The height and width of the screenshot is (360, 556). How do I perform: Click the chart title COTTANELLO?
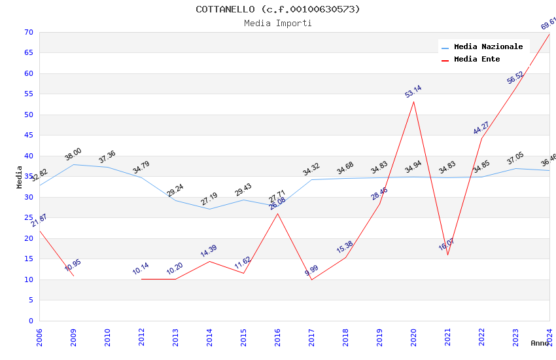278,9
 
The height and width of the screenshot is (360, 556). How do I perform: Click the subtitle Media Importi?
278,23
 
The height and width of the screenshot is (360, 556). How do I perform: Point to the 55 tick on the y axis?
28,94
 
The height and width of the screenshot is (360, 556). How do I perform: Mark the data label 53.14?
413,92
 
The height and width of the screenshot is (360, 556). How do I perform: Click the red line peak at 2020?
414,101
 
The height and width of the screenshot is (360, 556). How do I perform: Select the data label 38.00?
73,154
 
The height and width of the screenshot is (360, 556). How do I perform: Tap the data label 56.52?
515,77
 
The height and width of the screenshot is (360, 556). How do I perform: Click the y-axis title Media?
19,177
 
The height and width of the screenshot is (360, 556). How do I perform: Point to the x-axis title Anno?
540,343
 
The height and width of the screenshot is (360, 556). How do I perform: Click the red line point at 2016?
278,213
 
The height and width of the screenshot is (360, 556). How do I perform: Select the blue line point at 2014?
210,209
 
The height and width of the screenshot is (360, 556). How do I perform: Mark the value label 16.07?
447,245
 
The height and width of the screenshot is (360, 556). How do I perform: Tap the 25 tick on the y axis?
28,218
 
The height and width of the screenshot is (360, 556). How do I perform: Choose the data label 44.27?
481,128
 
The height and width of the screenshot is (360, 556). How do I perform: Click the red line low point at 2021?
448,255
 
